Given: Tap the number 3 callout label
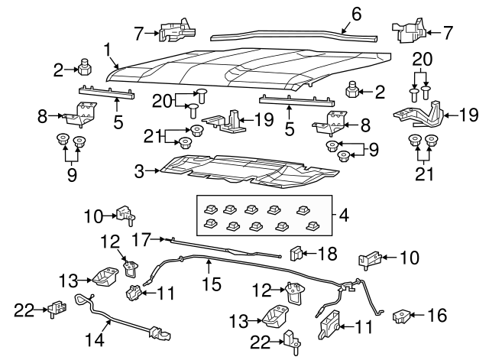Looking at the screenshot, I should point(139,173).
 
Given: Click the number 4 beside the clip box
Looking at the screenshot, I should point(344,216).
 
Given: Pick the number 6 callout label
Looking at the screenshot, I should point(356,13).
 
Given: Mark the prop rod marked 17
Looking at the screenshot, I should point(222,248).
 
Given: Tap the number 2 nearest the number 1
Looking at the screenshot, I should point(57,70).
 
